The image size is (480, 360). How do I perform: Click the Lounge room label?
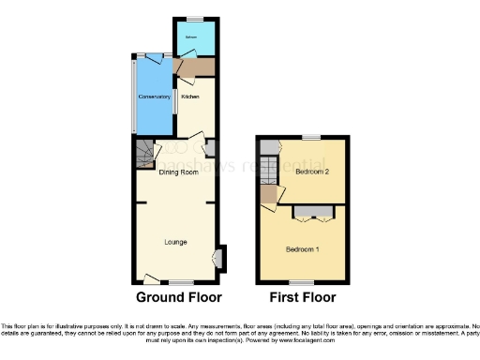click(175, 243)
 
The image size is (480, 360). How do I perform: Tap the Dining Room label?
click(177, 173)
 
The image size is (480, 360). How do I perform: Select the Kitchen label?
click(190, 97)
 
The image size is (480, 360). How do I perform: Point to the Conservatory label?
click(155, 97)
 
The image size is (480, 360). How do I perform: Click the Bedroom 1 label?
click(303, 249)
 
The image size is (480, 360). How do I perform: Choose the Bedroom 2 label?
click(311, 172)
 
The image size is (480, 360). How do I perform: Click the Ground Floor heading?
click(179, 298)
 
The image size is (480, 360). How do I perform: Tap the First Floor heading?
click(303, 298)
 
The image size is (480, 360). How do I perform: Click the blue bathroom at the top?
click(194, 38)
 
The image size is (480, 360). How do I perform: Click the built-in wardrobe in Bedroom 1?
click(308, 213)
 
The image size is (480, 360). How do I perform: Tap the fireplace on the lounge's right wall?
click(219, 257)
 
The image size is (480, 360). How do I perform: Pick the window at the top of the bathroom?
click(194, 18)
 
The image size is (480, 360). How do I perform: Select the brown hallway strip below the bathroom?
click(195, 67)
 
